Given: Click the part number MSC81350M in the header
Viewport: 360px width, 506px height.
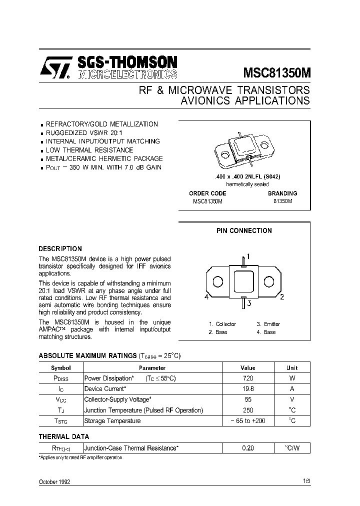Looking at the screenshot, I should click(276, 72).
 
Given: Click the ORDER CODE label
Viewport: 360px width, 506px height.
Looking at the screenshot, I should click(207, 193).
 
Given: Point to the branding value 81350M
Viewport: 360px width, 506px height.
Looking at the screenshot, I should click(282, 201).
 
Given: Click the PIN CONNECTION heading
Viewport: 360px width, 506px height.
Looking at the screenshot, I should click(244, 231).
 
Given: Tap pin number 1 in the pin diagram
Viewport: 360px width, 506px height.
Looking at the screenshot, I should click(248, 256).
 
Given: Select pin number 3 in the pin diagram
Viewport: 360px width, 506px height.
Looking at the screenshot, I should click(248, 302).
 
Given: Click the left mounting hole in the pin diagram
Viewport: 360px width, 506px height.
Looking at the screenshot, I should click(217, 282).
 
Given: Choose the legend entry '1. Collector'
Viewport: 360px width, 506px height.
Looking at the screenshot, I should click(222, 324).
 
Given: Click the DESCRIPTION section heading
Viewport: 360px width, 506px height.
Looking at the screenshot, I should click(60, 248).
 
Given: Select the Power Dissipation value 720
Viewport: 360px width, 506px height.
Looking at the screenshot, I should click(247, 378).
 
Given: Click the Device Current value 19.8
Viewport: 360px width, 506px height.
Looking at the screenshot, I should click(247, 389).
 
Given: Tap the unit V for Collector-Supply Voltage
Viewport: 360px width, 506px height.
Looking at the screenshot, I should click(292, 399).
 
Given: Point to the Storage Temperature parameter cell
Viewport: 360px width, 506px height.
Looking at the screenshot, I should click(112, 421).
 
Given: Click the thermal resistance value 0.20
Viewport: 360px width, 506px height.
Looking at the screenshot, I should click(247, 448).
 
